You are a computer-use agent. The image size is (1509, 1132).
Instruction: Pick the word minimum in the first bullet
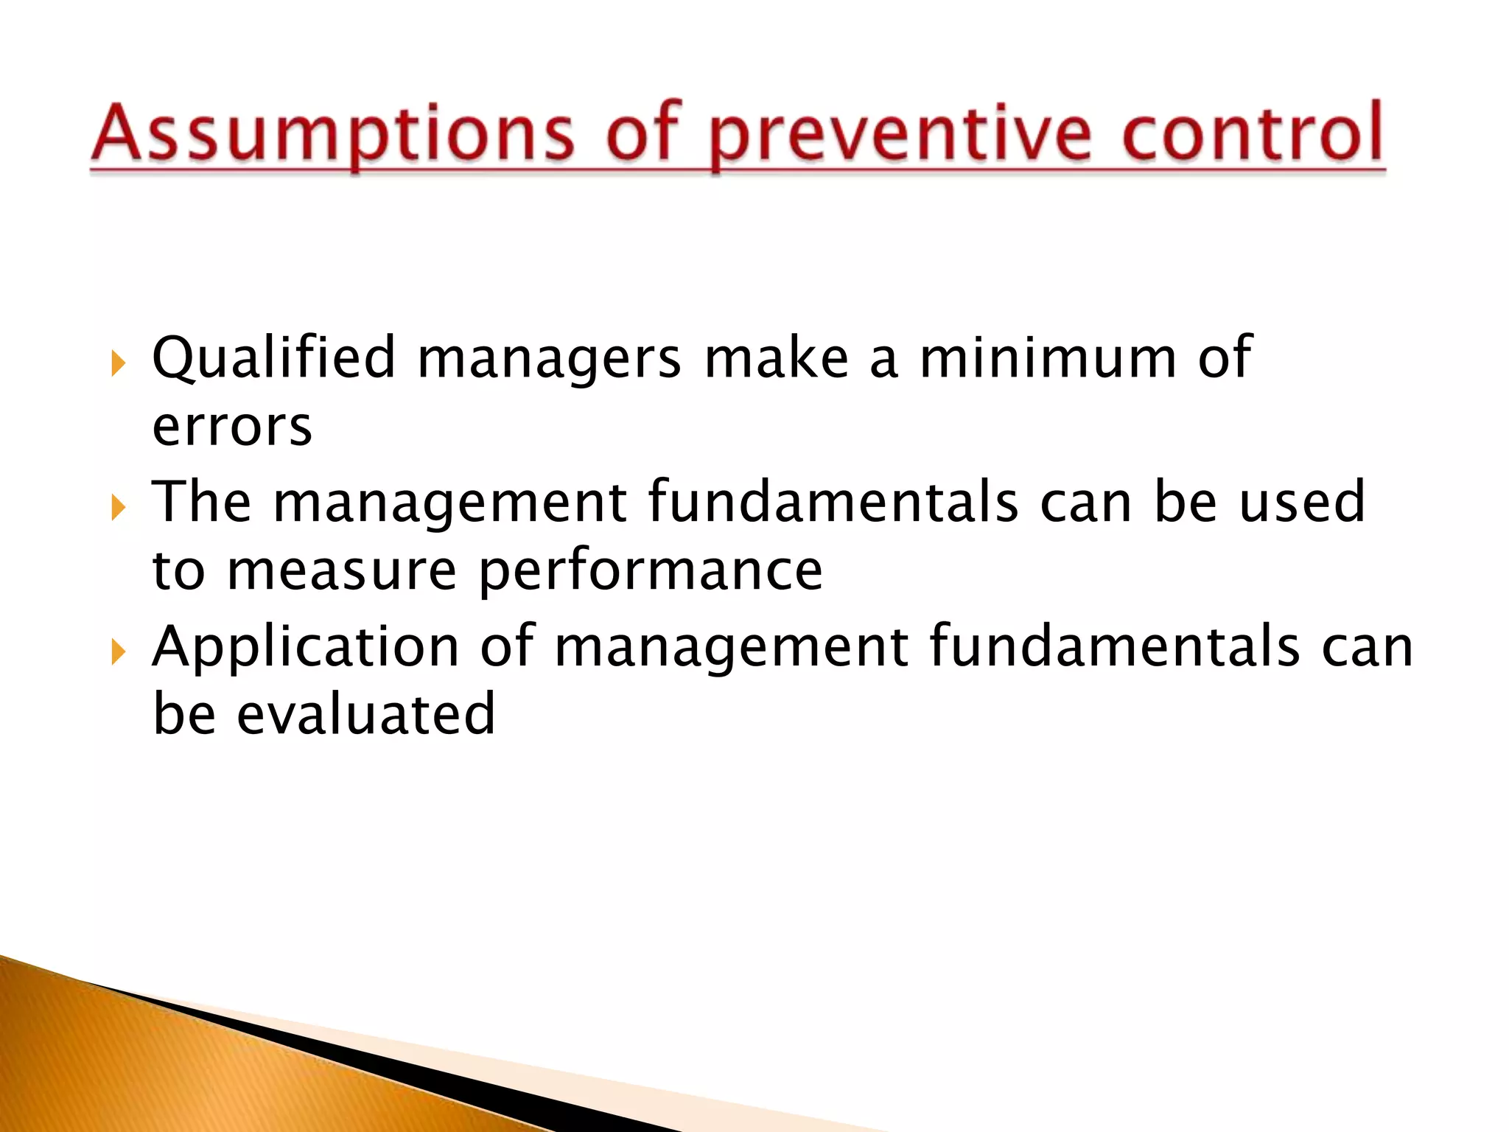(x=1048, y=357)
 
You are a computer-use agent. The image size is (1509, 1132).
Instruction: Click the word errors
(x=232, y=427)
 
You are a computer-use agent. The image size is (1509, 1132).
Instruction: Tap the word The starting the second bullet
(x=201, y=502)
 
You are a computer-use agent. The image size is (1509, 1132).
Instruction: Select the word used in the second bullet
(x=1302, y=502)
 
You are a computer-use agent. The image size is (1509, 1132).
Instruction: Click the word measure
(x=341, y=572)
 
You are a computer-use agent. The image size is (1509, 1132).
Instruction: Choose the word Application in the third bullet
(x=306, y=646)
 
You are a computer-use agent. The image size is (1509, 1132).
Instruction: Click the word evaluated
(x=365, y=714)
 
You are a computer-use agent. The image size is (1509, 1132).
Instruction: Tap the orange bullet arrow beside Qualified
(x=118, y=363)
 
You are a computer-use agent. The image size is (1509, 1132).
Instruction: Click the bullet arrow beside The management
(x=118, y=508)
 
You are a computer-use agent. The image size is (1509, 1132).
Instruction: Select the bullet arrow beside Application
(x=118, y=652)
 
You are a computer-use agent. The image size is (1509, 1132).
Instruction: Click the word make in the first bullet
(x=776, y=357)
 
